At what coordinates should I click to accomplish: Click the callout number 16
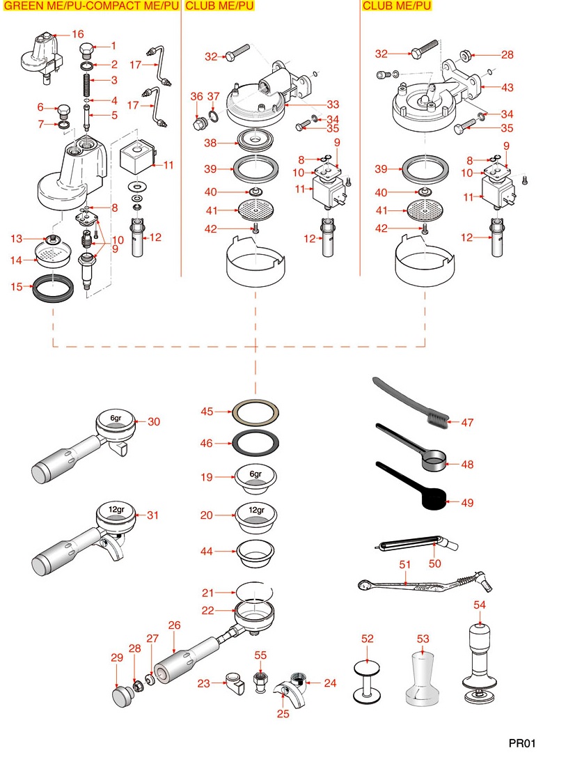(77, 34)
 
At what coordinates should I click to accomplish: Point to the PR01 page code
(522, 743)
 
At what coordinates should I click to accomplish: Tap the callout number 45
(207, 412)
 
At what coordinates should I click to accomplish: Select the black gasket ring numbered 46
(255, 442)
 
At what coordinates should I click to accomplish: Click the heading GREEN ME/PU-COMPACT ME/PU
(90, 6)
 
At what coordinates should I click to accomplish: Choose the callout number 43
(507, 87)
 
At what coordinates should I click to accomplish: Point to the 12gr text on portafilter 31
(116, 509)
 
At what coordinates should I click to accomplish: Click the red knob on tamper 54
(480, 617)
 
